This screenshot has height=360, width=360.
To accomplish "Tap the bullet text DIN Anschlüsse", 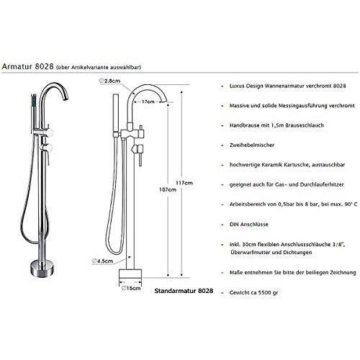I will pos(247,224).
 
